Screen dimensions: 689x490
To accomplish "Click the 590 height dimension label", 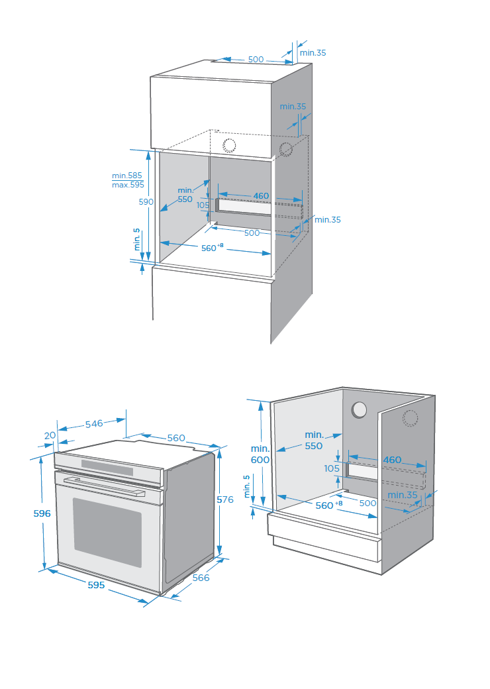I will point(146,201).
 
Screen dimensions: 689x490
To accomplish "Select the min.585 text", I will point(127,176).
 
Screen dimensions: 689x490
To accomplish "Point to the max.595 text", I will point(128,185).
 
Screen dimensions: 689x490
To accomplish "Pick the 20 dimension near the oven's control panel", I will point(50,435).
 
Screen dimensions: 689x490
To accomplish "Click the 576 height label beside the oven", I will point(225,500).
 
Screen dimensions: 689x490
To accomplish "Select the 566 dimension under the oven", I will point(201,578).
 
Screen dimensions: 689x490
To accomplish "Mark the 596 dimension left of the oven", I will point(42,513).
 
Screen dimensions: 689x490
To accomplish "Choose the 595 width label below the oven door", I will point(95,585).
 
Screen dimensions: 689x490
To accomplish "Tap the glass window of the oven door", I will point(107,532).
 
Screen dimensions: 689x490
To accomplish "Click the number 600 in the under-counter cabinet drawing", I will point(260,460).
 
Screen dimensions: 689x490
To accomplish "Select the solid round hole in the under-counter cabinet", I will point(360,409).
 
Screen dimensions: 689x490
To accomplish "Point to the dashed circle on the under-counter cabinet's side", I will point(411,418).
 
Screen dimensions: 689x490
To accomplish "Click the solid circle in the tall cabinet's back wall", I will point(229,145).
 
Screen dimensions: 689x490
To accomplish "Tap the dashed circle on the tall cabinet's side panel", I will point(286,149).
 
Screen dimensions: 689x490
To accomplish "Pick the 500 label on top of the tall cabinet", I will point(256,60).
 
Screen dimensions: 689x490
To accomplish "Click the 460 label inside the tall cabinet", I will point(261,195).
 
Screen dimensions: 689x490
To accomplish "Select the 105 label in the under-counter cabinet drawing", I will point(331,468).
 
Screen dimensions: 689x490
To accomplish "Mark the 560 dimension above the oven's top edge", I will point(176,438).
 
